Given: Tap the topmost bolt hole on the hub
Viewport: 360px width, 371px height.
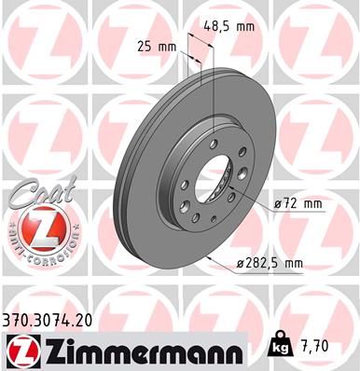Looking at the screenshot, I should (x=214, y=142).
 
